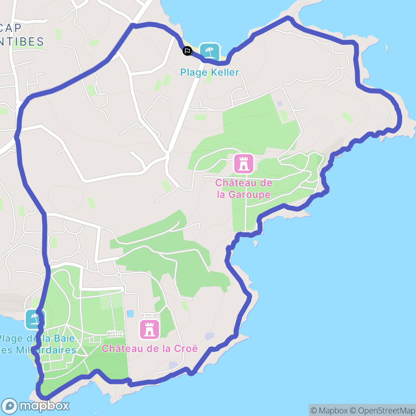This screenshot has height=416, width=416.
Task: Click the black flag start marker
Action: pyautogui.click(x=187, y=51)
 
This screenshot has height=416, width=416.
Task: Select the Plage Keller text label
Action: pyautogui.click(x=210, y=73)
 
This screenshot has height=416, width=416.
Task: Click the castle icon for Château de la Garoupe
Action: pyautogui.click(x=244, y=164)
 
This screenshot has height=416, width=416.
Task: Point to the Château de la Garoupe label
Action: pyautogui.click(x=244, y=189)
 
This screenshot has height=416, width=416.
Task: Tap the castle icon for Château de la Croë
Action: pyautogui.click(x=149, y=329)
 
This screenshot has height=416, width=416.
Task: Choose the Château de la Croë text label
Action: pyautogui.click(x=149, y=349)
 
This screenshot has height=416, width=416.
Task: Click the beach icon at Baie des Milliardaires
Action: pyautogui.click(x=34, y=319)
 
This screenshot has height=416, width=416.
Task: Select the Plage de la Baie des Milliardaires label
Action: pyautogui.click(x=37, y=344)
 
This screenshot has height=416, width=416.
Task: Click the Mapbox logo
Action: pyautogui.click(x=36, y=406)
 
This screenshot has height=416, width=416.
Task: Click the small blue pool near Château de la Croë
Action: pyautogui.click(x=130, y=314)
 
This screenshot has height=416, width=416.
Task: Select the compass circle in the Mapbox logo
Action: pyautogui.click(x=9, y=406)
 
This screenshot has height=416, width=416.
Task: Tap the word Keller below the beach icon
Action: pyautogui.click(x=225, y=73)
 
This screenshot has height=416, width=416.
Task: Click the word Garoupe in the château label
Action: pyautogui.click(x=249, y=195)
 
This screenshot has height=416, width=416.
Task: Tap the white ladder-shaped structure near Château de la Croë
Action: pyautogui.click(x=115, y=334)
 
